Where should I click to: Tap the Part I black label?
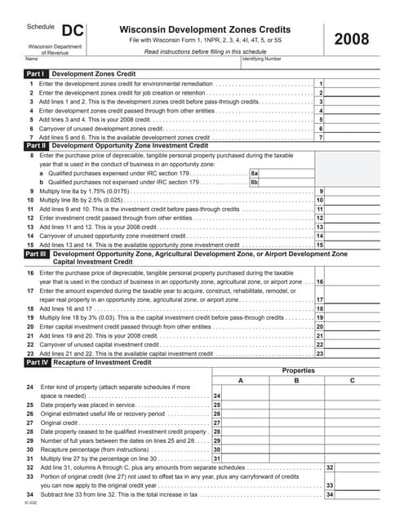(37, 73)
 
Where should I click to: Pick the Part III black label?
(38, 254)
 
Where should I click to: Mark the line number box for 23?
(320, 353)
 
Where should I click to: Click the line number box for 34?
(330, 494)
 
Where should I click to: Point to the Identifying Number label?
(261, 59)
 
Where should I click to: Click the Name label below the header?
(31, 59)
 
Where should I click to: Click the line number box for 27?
(216, 422)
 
